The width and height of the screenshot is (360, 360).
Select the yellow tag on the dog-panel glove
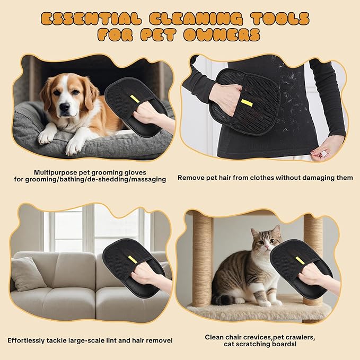click(135, 99)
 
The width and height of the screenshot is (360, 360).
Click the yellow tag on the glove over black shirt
click(247, 102)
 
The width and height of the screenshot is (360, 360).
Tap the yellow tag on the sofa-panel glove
click(132, 258)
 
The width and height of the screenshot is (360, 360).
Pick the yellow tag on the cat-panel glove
click(300, 260)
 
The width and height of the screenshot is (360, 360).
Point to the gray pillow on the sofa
click(28, 274)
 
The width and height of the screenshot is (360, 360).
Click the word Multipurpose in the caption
click(57, 172)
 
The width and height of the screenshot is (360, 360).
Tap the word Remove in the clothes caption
click(190, 178)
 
